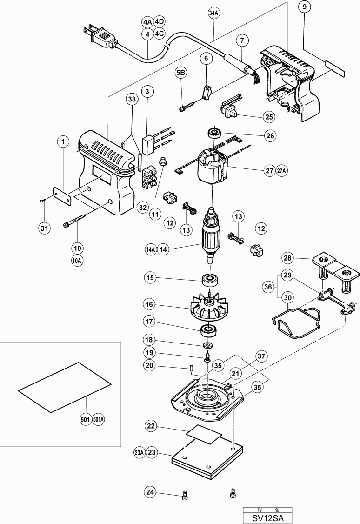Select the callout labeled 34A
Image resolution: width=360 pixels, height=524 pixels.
point(213,13)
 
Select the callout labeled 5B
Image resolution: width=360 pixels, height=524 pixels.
point(181,73)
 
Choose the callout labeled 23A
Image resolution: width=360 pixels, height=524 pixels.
point(139,452)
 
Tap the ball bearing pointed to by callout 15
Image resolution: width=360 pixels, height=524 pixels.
point(212,280)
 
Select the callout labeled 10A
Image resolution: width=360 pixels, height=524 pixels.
point(77,261)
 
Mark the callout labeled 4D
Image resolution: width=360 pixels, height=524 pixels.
point(160,22)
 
